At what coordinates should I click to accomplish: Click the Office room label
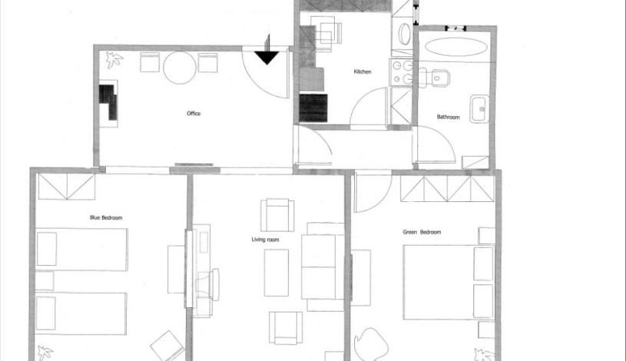click(x=194, y=114)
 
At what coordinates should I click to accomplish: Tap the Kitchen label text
click(x=363, y=72)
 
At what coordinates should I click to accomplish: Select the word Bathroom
click(x=448, y=118)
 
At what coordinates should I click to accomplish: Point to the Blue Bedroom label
click(x=106, y=218)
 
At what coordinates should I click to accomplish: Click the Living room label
click(x=265, y=240)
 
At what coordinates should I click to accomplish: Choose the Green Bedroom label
click(x=422, y=232)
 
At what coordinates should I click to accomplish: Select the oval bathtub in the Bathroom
click(x=455, y=46)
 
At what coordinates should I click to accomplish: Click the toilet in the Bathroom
click(x=439, y=77)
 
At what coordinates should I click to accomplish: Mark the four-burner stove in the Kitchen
click(x=400, y=74)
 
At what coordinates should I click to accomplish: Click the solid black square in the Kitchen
click(x=313, y=108)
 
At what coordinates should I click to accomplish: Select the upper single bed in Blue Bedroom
click(x=81, y=250)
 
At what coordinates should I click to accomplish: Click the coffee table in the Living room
click(x=277, y=272)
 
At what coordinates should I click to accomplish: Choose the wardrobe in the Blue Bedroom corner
click(x=66, y=187)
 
